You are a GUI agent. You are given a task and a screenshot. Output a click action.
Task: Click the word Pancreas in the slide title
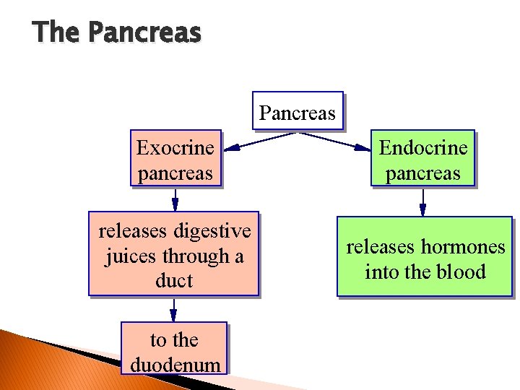[144, 32]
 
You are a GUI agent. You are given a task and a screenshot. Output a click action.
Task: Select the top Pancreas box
[298, 112]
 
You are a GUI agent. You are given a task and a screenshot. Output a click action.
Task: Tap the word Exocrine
[175, 148]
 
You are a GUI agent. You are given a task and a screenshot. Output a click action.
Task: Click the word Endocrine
[423, 148]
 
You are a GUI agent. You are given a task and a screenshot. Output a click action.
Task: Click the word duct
[174, 281]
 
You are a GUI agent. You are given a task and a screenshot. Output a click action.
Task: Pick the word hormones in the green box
[463, 247]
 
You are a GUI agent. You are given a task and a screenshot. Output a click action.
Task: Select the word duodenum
[175, 365]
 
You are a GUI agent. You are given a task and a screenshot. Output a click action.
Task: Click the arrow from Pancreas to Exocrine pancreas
[267, 140]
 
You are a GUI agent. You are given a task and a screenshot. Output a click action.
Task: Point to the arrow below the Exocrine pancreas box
[175, 199]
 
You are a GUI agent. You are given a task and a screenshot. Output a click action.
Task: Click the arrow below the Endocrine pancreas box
[423, 201]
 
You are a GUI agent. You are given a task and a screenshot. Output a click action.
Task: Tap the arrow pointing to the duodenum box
[174, 309]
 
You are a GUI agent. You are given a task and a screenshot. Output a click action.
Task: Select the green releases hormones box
[425, 257]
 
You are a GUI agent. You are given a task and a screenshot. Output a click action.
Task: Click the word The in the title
[57, 32]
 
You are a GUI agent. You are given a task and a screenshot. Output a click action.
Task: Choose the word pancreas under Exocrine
[175, 173]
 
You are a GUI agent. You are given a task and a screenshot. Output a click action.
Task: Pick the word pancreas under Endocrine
[423, 173]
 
